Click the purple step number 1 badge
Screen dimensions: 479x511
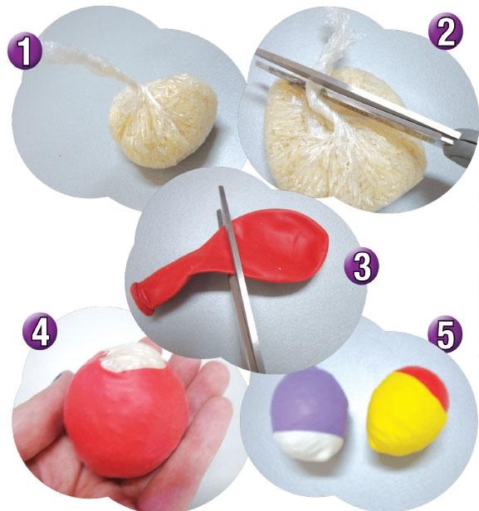[25, 51]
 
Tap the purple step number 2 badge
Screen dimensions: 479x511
[445, 32]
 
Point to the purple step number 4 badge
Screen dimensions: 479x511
[40, 331]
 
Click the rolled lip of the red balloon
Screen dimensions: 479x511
[141, 298]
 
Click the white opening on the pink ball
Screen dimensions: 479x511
[133, 358]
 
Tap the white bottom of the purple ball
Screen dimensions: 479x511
[308, 447]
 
